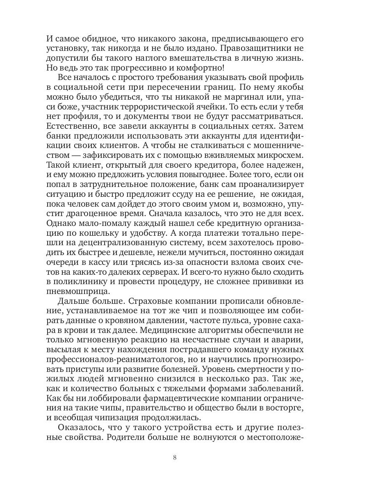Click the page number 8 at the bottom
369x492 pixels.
[175, 458]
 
